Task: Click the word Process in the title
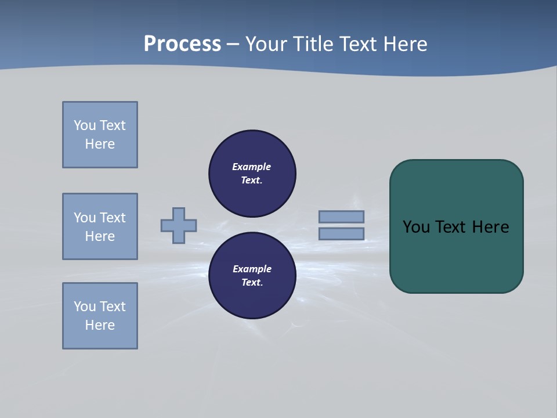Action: (x=182, y=44)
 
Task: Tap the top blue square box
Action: (x=100, y=135)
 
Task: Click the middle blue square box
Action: (x=100, y=226)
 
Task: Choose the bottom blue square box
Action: (x=100, y=316)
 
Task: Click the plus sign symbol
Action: (x=179, y=225)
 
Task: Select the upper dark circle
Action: (x=252, y=173)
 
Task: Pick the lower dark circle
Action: (x=252, y=275)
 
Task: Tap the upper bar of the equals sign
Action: (x=341, y=217)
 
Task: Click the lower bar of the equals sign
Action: (x=341, y=233)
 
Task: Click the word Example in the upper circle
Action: (x=251, y=167)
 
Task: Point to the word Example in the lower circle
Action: (x=251, y=269)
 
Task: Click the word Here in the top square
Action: (x=100, y=144)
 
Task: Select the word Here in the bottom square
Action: (x=100, y=325)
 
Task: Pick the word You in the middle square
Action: (x=85, y=218)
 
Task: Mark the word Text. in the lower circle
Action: (x=252, y=282)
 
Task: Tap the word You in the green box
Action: (x=416, y=226)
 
